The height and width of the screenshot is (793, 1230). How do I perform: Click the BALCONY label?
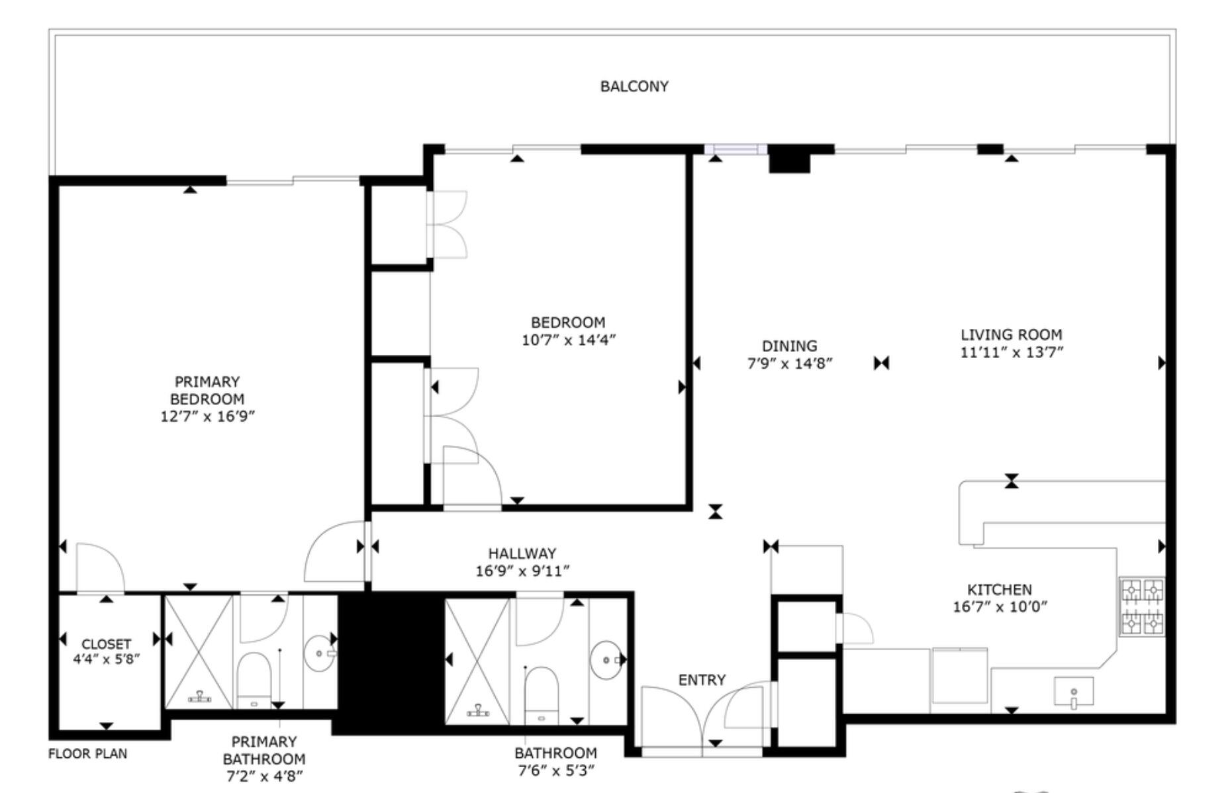coord(634,87)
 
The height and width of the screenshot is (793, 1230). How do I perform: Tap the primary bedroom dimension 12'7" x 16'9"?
coord(208,416)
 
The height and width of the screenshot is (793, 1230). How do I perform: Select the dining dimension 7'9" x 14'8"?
coord(789,363)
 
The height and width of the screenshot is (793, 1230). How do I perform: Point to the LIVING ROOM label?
coord(1011,335)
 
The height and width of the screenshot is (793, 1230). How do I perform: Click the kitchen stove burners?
coord(1141,607)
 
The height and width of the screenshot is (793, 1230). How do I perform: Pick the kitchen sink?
coord(1073,692)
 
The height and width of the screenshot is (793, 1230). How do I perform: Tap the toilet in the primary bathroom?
coord(254,678)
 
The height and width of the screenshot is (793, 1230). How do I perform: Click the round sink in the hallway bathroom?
coord(606,660)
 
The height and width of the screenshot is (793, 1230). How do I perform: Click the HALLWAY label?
coord(522,553)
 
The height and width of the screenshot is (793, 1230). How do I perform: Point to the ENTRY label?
coord(702,680)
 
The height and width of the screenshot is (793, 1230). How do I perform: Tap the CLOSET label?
coord(106,644)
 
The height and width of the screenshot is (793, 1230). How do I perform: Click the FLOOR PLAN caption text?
coord(87,754)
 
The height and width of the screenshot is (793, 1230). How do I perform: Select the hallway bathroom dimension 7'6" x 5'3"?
coord(555,770)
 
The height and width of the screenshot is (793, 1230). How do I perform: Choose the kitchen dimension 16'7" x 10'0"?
coord(1000,606)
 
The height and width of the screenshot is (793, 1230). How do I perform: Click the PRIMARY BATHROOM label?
coord(263,751)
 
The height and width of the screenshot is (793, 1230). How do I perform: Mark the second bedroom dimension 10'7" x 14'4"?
coord(568,340)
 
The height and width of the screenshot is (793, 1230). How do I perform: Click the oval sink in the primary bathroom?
coord(319,653)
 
